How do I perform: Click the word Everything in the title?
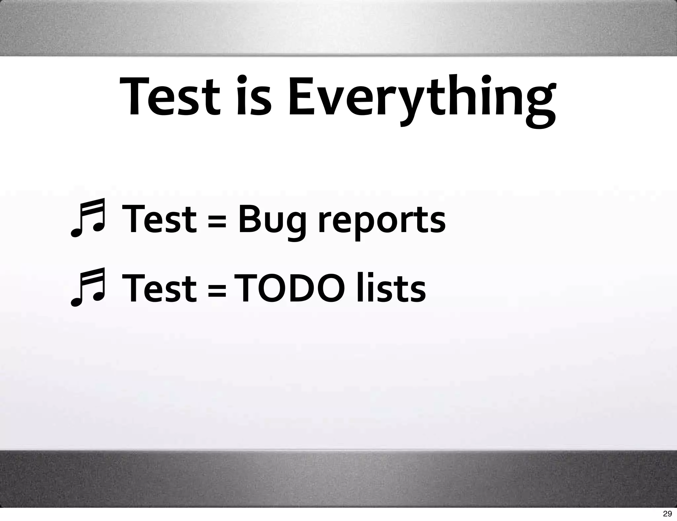pos(421,98)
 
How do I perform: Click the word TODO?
pos(289,288)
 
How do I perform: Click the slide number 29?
pos(667,513)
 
